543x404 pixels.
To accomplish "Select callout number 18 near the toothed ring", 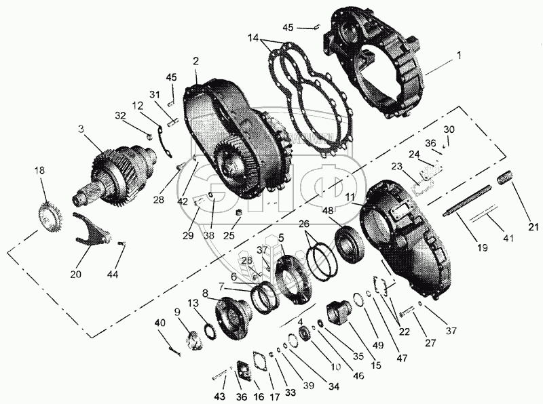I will (x=40, y=171).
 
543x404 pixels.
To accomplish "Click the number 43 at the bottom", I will (x=219, y=396).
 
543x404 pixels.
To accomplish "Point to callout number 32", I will (x=120, y=117).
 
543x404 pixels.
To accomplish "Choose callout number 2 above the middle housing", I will (x=195, y=61).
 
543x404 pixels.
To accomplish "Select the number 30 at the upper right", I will (x=448, y=130).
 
